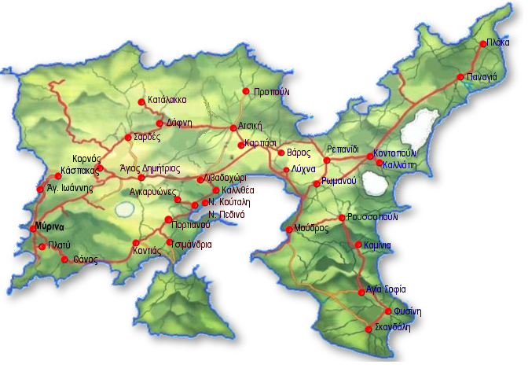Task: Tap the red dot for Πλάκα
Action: tap(484, 45)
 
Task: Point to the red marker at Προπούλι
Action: tap(246, 91)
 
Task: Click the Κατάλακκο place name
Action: tap(167, 101)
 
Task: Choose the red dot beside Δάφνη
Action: tap(159, 123)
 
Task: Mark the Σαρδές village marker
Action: tap(129, 137)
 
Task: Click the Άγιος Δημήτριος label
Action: tap(156, 167)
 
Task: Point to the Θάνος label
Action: tap(84, 259)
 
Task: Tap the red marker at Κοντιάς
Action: tap(136, 242)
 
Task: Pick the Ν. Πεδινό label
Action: tap(227, 214)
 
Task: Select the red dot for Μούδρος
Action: tap(289, 229)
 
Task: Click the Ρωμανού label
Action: tap(339, 182)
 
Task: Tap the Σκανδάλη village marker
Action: tap(369, 329)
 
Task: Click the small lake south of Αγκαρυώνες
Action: tap(124, 210)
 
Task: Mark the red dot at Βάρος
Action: tap(281, 152)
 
